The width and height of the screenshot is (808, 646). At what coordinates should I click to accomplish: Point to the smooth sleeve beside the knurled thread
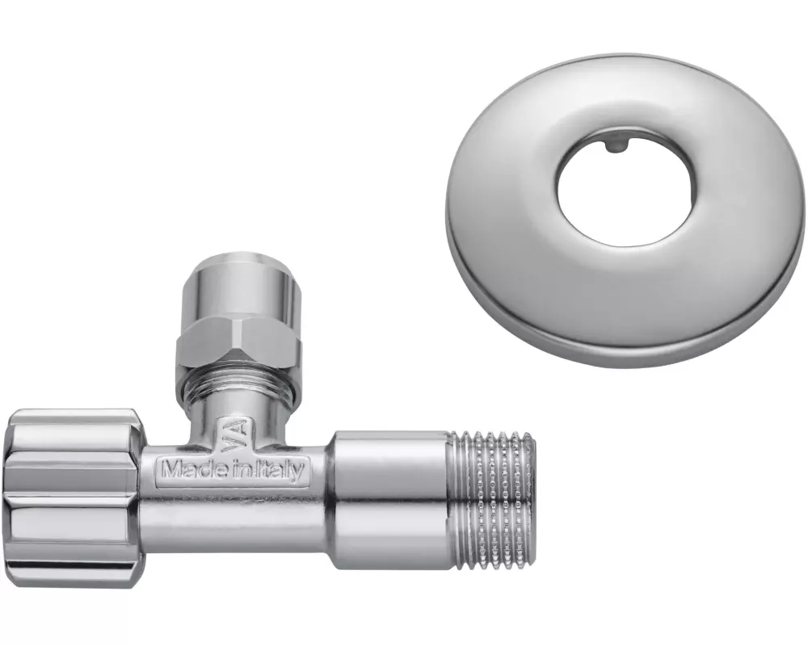(x=390, y=497)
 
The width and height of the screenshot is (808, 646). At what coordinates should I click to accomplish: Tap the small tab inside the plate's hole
(x=615, y=145)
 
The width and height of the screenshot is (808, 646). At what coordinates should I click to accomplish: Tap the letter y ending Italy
(x=300, y=472)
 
